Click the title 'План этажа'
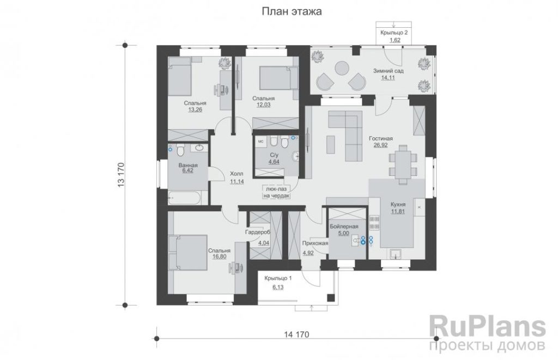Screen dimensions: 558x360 point(292,11)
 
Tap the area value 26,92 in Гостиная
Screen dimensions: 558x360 point(381,145)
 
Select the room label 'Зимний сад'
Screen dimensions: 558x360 point(388,71)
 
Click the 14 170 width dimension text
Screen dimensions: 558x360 point(297,334)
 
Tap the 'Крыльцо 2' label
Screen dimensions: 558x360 point(394,33)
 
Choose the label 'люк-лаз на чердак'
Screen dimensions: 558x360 point(276,192)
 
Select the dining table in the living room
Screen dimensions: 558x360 point(403,164)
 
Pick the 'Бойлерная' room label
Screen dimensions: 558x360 point(344,227)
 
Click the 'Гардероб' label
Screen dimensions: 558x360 point(258,232)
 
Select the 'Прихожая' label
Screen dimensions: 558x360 point(315,243)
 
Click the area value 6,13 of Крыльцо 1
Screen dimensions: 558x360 point(278,287)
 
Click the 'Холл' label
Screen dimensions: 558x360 point(236,174)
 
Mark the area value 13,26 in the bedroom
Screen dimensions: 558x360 point(195,109)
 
